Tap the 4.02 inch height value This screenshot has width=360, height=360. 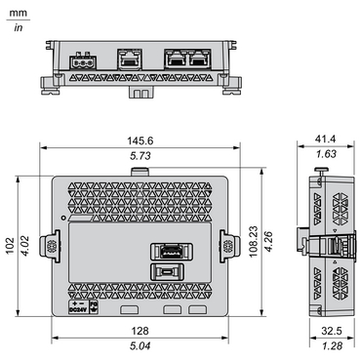27,245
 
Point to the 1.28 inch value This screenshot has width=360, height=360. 332,344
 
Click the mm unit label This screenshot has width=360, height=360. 19,13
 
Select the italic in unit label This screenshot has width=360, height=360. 19,27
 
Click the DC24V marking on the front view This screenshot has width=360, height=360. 77,309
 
